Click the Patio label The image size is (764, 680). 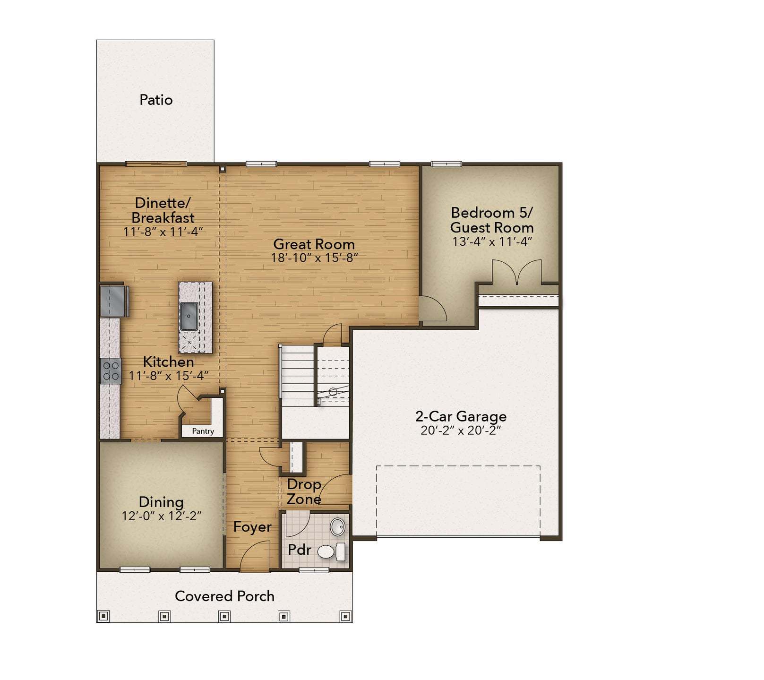(x=156, y=100)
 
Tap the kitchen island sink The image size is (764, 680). (x=189, y=316)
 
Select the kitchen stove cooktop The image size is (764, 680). (x=111, y=371)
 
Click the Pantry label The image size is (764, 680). (x=203, y=431)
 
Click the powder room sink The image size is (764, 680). (x=337, y=526)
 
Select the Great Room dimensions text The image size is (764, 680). (x=314, y=258)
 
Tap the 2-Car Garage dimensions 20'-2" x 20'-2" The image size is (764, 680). (x=461, y=430)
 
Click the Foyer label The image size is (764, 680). (x=252, y=527)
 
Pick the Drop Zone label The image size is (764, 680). (x=304, y=491)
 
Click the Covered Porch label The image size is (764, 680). (x=224, y=596)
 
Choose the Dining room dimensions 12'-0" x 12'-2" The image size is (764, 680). (x=162, y=516)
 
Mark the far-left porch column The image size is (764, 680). (x=103, y=616)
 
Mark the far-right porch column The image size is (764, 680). (x=345, y=616)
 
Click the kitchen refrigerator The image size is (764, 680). (x=113, y=301)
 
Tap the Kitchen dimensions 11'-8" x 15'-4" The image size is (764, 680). (x=169, y=376)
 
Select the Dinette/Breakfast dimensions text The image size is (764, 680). (x=163, y=232)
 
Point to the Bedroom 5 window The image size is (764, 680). (x=446, y=164)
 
